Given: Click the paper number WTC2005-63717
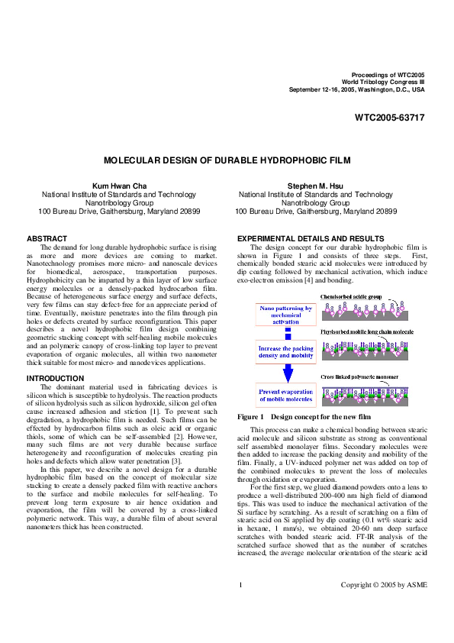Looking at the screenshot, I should (x=389, y=118).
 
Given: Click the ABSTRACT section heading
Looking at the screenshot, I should (x=47, y=239).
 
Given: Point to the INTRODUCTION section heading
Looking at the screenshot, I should (x=56, y=378).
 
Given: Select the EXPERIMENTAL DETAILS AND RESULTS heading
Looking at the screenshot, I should (x=311, y=239).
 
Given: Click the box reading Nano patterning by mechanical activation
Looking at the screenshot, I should (x=286, y=315).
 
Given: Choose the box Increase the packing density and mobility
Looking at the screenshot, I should (x=286, y=351).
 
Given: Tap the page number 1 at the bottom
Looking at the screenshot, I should (x=240, y=606).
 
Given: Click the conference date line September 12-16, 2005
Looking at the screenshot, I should (x=356, y=89).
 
